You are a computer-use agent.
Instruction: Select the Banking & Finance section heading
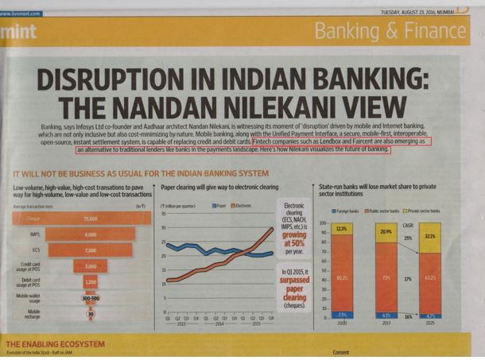(x=390, y=32)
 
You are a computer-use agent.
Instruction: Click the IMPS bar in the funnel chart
(x=90, y=234)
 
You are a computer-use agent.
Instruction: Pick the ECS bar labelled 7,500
(x=90, y=250)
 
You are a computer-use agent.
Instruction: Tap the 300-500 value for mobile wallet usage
(x=90, y=298)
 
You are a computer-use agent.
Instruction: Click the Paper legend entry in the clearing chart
(x=219, y=184)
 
